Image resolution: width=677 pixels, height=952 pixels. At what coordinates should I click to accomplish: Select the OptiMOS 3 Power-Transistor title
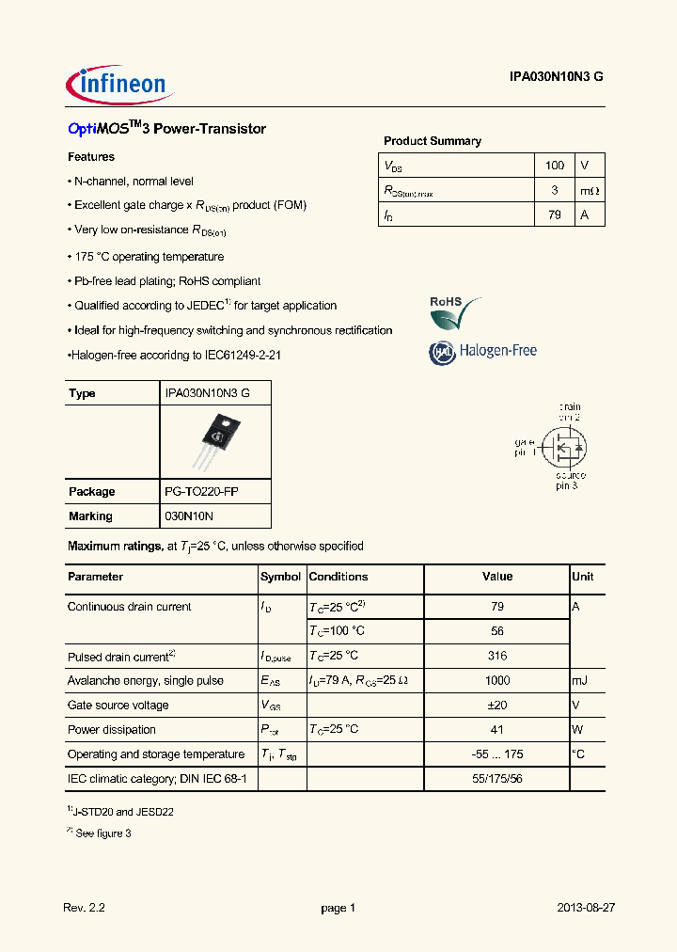click(x=167, y=129)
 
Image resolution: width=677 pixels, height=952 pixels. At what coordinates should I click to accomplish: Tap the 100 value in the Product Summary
click(x=555, y=166)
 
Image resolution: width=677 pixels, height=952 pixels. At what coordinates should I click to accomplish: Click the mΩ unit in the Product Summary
click(x=590, y=190)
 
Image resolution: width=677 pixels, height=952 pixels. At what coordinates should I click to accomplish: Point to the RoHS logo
click(x=455, y=313)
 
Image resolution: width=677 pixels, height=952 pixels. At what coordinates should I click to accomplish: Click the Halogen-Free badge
click(x=483, y=351)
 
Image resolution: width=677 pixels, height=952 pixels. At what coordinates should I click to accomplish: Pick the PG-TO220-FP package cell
click(x=202, y=492)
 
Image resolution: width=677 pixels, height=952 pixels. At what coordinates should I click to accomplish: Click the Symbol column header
click(x=280, y=577)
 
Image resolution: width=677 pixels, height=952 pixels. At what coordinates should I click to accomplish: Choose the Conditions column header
click(x=338, y=577)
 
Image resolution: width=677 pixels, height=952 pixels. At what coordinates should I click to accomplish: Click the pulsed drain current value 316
click(x=497, y=657)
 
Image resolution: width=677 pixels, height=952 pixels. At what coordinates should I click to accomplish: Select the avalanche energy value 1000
click(x=497, y=681)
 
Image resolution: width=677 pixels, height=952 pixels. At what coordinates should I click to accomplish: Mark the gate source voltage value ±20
click(x=497, y=706)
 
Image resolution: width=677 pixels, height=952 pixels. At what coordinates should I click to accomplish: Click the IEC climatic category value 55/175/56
click(x=497, y=779)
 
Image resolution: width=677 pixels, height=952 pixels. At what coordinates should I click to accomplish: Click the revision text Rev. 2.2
click(x=85, y=909)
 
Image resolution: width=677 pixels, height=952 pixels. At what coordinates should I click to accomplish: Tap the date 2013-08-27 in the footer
click(x=585, y=909)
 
